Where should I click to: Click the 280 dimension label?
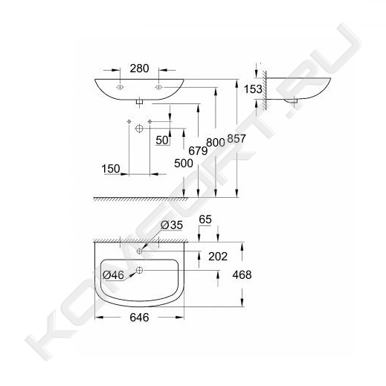tap(139, 68)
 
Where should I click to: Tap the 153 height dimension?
tap(253, 89)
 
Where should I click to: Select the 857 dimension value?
tap(237, 138)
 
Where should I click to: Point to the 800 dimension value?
tap(216, 143)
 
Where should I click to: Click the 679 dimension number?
tap(198, 150)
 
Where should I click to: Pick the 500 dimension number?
tap(184, 164)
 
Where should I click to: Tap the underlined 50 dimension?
tap(162, 141)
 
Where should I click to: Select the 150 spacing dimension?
tap(111, 169)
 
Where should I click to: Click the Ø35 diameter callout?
tap(172, 225)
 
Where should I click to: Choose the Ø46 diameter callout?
tap(113, 275)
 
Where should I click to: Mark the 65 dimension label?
tap(205, 219)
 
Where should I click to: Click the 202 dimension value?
tap(218, 257)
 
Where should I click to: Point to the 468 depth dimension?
tap(242, 274)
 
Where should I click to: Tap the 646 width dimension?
tap(139, 318)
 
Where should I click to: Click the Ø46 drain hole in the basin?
tap(140, 270)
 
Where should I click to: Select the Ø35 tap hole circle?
tap(139, 251)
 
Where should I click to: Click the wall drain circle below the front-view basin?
tap(139, 128)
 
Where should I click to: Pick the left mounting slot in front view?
tap(120, 87)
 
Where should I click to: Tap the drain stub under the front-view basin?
tap(140, 101)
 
